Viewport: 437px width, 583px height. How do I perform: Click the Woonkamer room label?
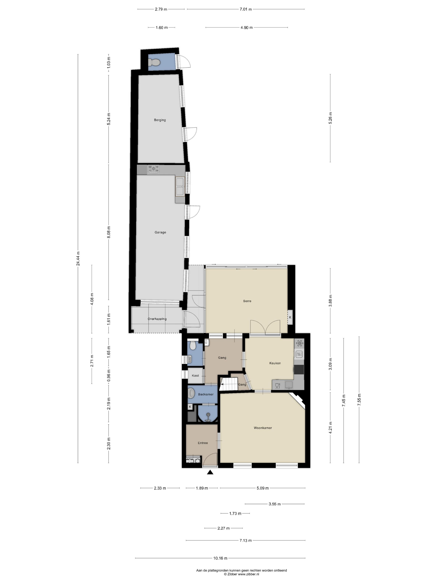[x=263, y=428]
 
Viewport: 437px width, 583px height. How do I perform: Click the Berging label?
[x=160, y=120]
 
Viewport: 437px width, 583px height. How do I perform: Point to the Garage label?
[x=160, y=232]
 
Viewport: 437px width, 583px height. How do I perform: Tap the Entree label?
[x=203, y=443]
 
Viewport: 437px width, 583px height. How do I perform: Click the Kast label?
[x=195, y=376]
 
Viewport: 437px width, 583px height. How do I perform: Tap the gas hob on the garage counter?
[x=153, y=169]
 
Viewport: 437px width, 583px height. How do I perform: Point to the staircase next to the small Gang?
[x=229, y=384]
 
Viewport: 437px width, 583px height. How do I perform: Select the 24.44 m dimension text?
[x=78, y=259]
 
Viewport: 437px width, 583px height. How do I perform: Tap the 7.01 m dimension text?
[x=246, y=9]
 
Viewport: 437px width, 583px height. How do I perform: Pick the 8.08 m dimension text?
[x=109, y=232]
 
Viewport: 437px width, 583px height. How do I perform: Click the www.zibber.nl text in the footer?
[x=248, y=574]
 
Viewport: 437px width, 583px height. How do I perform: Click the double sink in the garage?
[x=180, y=187]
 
